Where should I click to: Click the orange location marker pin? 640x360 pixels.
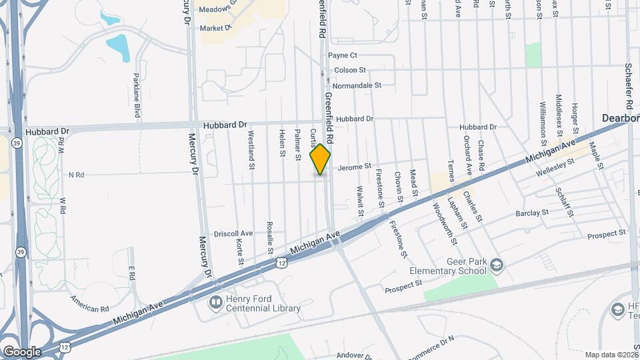pos(321,159)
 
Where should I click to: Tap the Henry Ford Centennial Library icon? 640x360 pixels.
pos(216,303)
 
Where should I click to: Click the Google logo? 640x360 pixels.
pos(21,352)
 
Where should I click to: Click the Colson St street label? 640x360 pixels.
pos(350,70)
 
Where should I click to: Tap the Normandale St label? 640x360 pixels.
pos(357,85)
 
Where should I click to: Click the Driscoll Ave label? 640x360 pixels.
pos(233,234)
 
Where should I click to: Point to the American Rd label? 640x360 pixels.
pos(89,304)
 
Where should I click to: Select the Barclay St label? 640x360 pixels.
pos(531,213)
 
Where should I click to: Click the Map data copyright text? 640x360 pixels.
pos(611,355)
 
